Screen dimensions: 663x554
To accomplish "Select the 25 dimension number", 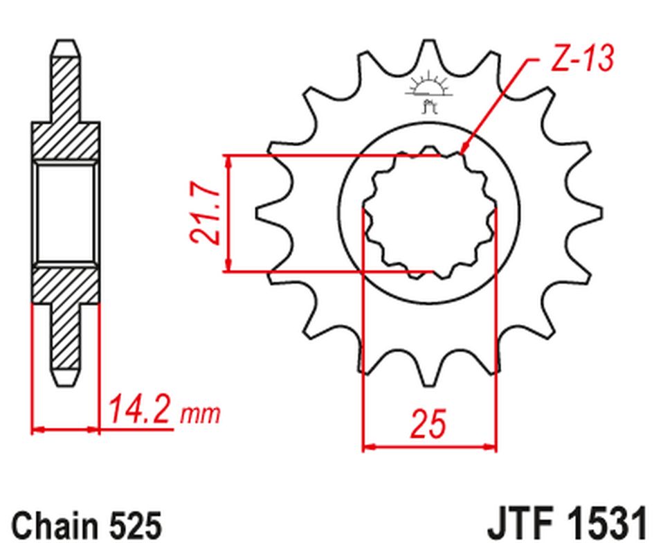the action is click(428, 423).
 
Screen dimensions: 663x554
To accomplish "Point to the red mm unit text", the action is click(201, 415).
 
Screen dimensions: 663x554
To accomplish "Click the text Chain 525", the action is click(87, 526).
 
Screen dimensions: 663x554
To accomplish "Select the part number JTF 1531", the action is click(567, 524).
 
